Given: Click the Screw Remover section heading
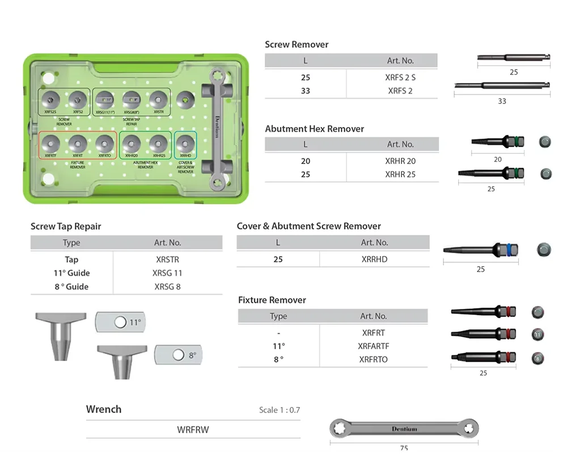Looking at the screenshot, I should [x=297, y=44].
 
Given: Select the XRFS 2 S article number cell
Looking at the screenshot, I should [x=400, y=77].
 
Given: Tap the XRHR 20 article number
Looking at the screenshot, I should [x=400, y=161].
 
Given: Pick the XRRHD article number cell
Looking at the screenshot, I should [x=374, y=259].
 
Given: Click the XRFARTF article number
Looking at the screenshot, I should [x=374, y=346].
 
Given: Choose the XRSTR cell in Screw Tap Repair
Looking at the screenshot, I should [x=167, y=259].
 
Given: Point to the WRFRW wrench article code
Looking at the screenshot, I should [x=193, y=430].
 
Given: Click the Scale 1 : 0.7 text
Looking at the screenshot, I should [x=280, y=410].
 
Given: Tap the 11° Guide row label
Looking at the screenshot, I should [x=71, y=273].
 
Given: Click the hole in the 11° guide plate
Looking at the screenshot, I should [x=120, y=322].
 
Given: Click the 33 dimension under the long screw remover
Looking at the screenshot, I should [x=502, y=101].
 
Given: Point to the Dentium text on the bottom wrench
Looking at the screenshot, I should [x=404, y=429].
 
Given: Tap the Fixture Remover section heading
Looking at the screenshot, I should [x=272, y=300].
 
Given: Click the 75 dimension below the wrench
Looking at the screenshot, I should [x=404, y=448].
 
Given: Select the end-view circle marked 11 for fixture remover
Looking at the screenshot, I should [x=538, y=334].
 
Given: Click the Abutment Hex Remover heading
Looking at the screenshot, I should [x=315, y=129].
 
